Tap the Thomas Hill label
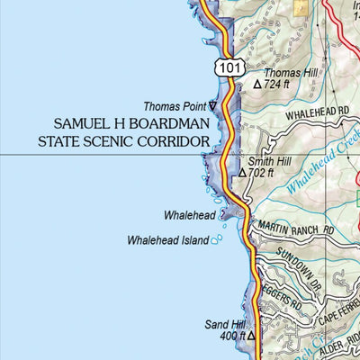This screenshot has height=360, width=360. tap(288, 71)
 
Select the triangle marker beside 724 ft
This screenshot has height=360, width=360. tap(257, 85)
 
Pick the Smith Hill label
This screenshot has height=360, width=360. tap(266, 161)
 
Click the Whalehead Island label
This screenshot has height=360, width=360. tap(167, 240)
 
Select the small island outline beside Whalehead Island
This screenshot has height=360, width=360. tap(216, 240)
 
